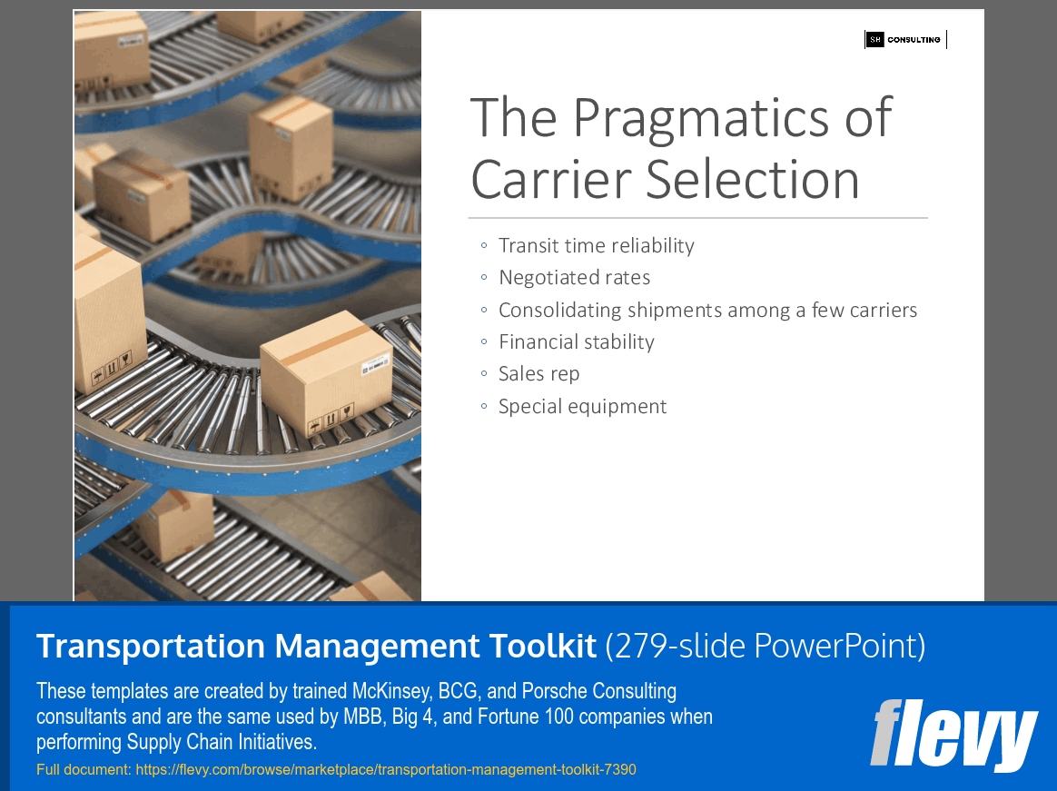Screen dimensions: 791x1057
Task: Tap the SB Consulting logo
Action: pyautogui.click(x=904, y=40)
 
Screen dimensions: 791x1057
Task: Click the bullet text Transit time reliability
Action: pyautogui.click(x=596, y=246)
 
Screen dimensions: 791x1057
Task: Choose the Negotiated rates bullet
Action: pyautogui.click(x=574, y=278)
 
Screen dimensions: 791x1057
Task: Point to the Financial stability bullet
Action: pyautogui.click(x=576, y=342)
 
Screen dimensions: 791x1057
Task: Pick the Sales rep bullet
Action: pyautogui.click(x=538, y=374)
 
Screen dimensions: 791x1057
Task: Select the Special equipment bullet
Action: pyautogui.click(x=582, y=407)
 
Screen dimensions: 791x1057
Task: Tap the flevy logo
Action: pyautogui.click(x=953, y=735)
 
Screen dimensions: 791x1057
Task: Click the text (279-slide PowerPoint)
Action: pyautogui.click(x=765, y=646)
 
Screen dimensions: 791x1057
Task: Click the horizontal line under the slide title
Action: pyautogui.click(x=697, y=218)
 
